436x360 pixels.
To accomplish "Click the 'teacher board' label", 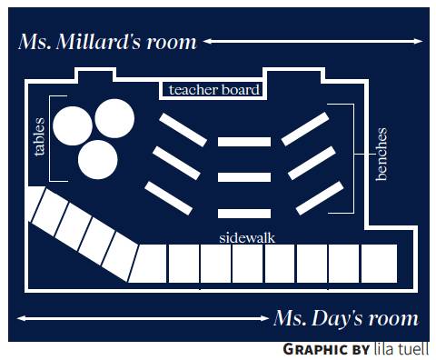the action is (214, 90).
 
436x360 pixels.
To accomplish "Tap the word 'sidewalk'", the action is (247, 238).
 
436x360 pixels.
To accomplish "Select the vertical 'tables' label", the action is (39, 137).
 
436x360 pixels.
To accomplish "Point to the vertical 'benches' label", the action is (381, 155).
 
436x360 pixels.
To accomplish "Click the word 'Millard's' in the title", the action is (98, 42).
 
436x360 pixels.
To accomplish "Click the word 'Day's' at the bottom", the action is (337, 319).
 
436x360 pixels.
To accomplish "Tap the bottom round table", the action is (98, 160).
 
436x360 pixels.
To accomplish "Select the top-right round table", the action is (114, 118).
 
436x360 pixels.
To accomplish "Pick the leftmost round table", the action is (73, 126).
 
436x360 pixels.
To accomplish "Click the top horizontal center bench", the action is (244, 142).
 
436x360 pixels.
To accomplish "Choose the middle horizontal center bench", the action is (244, 177).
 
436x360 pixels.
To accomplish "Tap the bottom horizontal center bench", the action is (244, 214).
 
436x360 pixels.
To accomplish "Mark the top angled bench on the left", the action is (183, 130).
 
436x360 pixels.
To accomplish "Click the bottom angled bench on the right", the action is (320, 198).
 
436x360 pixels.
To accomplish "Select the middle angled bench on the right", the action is (312, 163).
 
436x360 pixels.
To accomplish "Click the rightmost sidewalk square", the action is (379, 264).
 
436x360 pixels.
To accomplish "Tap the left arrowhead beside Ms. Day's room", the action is (21, 318).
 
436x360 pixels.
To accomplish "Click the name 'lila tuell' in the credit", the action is (401, 349).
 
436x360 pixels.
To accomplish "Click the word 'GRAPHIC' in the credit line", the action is (315, 349).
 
